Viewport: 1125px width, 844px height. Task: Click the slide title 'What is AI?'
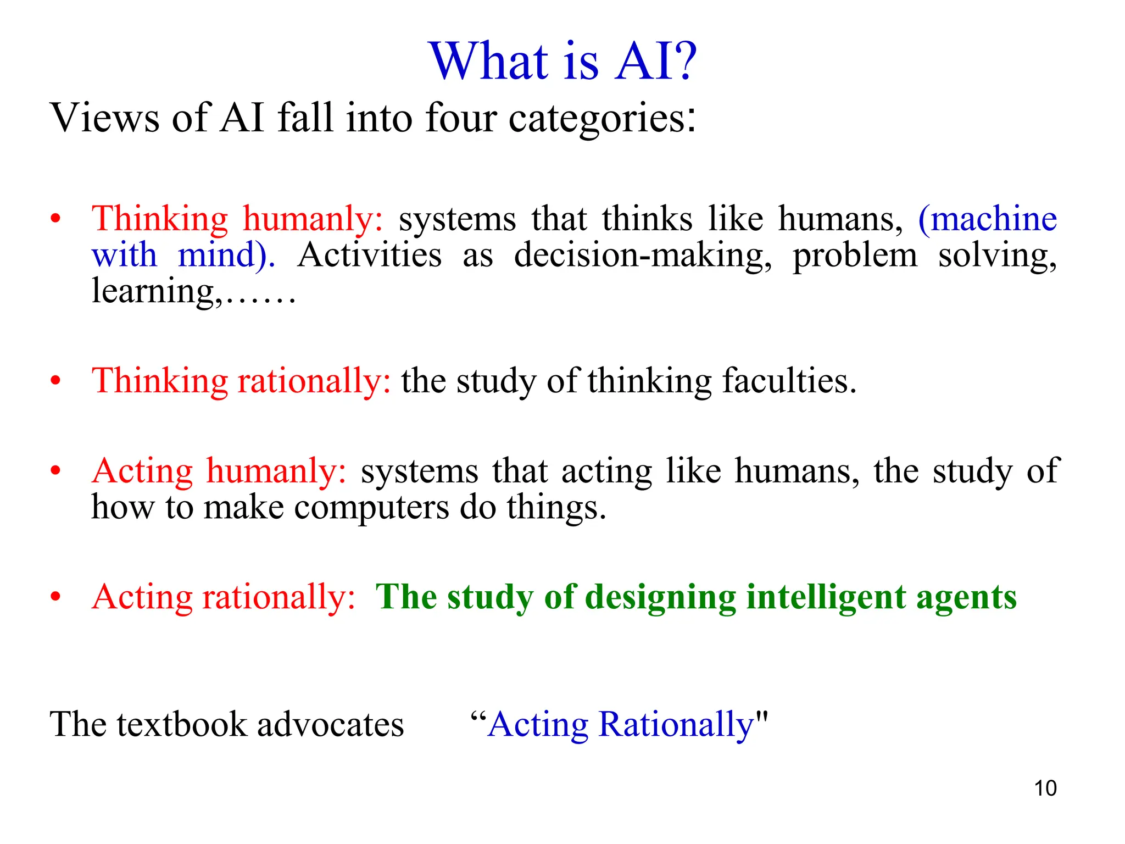click(x=562, y=62)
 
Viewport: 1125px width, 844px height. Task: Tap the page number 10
click(x=1045, y=788)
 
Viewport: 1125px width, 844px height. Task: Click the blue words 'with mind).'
click(x=183, y=256)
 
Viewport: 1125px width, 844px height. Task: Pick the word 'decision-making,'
click(x=642, y=256)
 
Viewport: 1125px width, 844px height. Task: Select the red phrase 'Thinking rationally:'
click(x=241, y=381)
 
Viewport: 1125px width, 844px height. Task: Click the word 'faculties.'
click(x=789, y=381)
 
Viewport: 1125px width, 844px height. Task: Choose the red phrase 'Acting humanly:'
click(x=219, y=471)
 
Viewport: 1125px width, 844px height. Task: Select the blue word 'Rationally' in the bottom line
click(x=676, y=725)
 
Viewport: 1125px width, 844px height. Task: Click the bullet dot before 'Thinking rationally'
click(x=55, y=381)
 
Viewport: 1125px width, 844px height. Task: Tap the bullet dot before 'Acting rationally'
click(x=55, y=597)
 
